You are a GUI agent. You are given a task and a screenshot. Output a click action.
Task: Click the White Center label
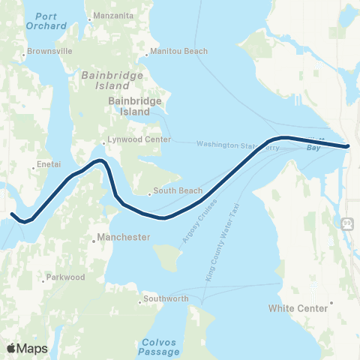(x=298, y=308)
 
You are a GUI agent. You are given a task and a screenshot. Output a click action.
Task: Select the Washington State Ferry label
(x=238, y=145)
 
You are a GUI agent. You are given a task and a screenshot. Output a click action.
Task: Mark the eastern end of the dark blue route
(x=348, y=146)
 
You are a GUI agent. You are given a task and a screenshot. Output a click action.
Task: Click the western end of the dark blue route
(x=12, y=215)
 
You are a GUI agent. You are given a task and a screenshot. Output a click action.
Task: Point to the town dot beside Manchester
(x=92, y=241)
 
